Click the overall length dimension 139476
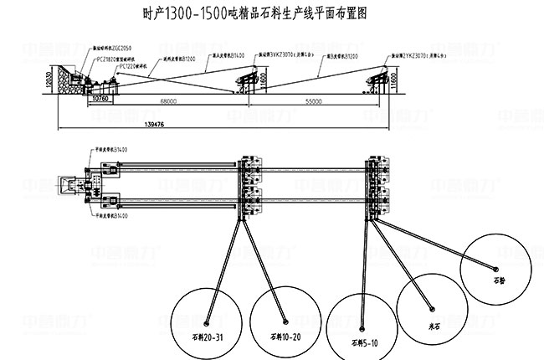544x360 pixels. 154,126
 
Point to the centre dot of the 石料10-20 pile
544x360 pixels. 286,321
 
